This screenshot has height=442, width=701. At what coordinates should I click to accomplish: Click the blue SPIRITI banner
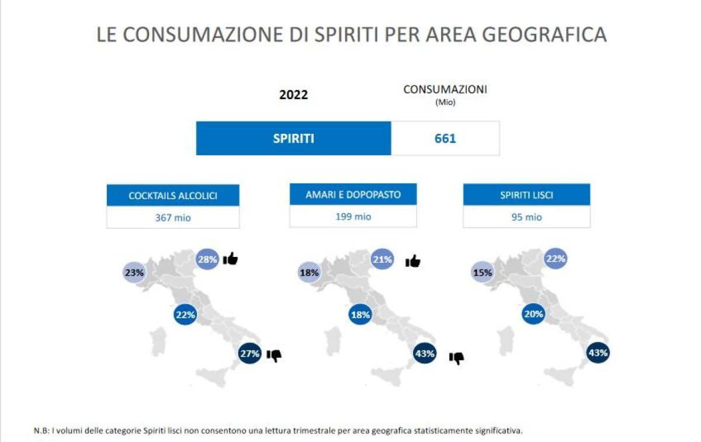(293, 138)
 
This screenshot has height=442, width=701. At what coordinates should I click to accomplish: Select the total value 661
(445, 138)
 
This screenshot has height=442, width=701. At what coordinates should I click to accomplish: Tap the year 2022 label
(293, 95)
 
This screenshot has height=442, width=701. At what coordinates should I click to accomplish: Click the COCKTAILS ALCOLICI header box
(173, 196)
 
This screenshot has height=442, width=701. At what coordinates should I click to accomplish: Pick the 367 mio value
(173, 218)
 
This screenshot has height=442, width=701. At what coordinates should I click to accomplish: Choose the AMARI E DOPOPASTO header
(353, 194)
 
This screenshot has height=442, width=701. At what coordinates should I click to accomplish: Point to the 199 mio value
(353, 217)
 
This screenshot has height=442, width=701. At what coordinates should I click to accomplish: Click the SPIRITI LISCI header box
(526, 195)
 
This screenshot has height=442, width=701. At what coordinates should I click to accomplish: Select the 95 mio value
(526, 217)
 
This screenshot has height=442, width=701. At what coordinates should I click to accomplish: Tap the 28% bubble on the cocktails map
(207, 259)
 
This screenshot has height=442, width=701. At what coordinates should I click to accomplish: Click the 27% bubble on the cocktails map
(249, 353)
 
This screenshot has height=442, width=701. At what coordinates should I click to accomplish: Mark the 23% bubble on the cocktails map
(134, 272)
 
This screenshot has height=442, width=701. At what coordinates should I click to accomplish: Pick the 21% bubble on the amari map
(382, 259)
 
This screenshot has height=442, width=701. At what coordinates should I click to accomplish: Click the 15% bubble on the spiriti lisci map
(483, 272)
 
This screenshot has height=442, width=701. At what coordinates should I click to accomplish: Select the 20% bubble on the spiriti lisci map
(533, 314)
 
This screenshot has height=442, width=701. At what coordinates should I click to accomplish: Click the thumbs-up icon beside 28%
(230, 258)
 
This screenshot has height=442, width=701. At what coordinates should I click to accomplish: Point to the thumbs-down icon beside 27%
(274, 355)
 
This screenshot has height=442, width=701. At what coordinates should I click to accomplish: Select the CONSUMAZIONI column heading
(445, 90)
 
